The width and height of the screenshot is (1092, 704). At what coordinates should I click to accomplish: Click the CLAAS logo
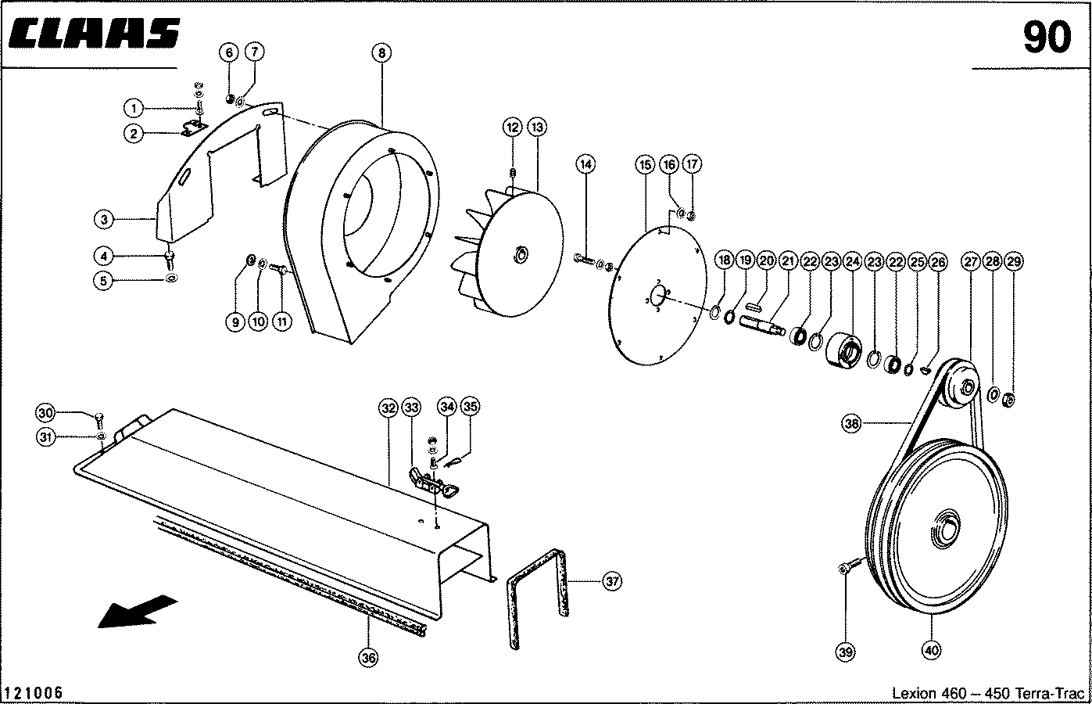click(x=96, y=34)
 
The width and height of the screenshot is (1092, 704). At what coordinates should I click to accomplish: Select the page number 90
click(x=1046, y=37)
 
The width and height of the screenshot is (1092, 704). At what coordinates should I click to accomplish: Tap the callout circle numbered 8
click(x=381, y=53)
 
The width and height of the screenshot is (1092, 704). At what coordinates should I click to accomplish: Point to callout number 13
click(x=537, y=126)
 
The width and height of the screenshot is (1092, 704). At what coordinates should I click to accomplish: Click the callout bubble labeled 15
click(x=645, y=164)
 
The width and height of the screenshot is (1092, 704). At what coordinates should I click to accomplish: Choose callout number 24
click(x=852, y=260)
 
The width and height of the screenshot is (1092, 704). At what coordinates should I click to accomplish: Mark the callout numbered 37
click(x=613, y=581)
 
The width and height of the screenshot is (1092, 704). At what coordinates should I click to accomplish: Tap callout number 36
click(x=368, y=658)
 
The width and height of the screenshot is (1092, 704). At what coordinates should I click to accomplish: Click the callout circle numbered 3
click(x=104, y=220)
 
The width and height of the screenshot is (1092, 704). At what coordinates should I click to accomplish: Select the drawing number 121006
click(x=34, y=693)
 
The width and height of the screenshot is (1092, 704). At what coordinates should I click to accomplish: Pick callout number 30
click(x=46, y=413)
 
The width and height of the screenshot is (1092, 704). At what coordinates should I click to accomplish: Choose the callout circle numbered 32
click(x=388, y=407)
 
